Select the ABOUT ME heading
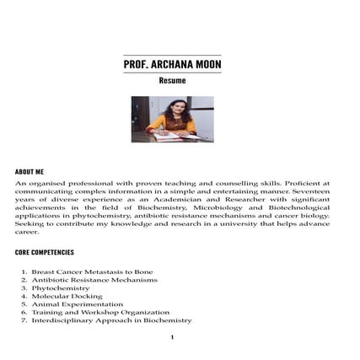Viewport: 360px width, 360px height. (x=30, y=171)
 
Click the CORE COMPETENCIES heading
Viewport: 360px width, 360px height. (x=45, y=252)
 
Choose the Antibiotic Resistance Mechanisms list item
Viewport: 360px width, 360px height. (x=94, y=280)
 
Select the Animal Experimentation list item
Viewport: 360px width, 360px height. (x=77, y=304)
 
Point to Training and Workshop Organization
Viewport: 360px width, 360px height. (x=100, y=312)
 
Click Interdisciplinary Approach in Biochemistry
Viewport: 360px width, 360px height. (x=111, y=320)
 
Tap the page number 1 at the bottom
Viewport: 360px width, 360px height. (x=172, y=338)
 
